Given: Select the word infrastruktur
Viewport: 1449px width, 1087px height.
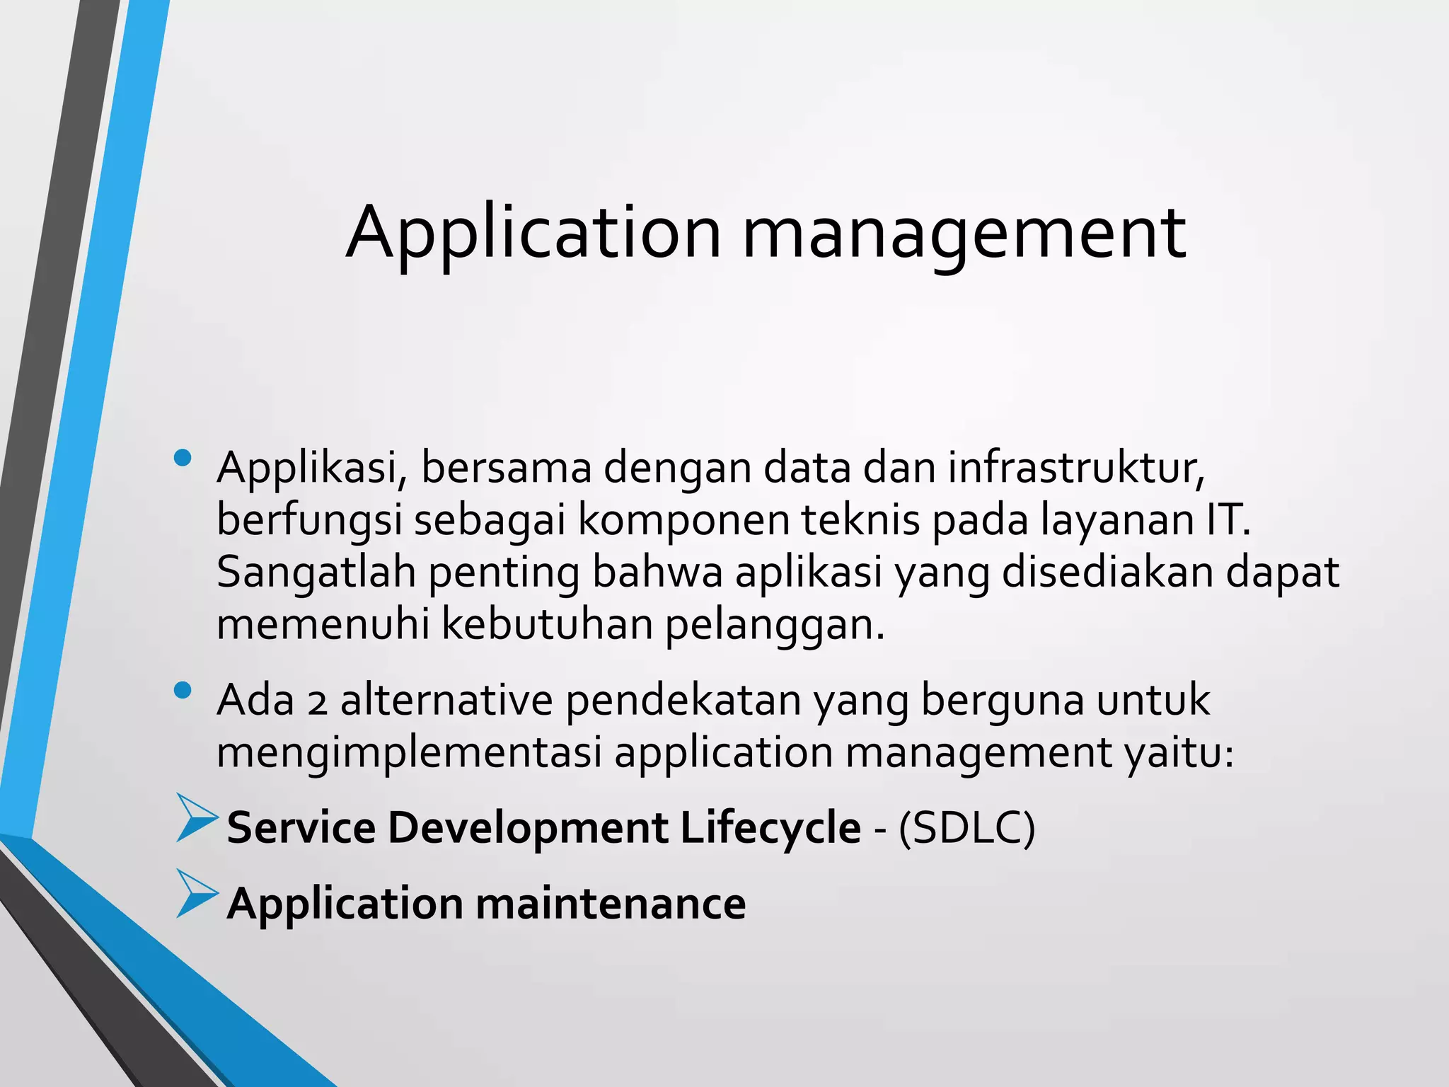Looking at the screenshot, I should point(1075,468).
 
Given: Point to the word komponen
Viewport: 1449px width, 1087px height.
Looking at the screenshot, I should point(683,521).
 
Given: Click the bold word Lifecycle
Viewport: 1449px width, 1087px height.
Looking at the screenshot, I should point(770,828).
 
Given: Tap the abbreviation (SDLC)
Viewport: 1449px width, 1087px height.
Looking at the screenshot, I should point(966,828).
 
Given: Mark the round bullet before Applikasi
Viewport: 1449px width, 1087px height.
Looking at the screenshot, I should point(183,458).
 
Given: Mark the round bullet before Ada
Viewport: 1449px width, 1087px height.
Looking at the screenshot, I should point(183,690).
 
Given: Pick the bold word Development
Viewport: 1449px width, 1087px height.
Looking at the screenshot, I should point(527,828).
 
